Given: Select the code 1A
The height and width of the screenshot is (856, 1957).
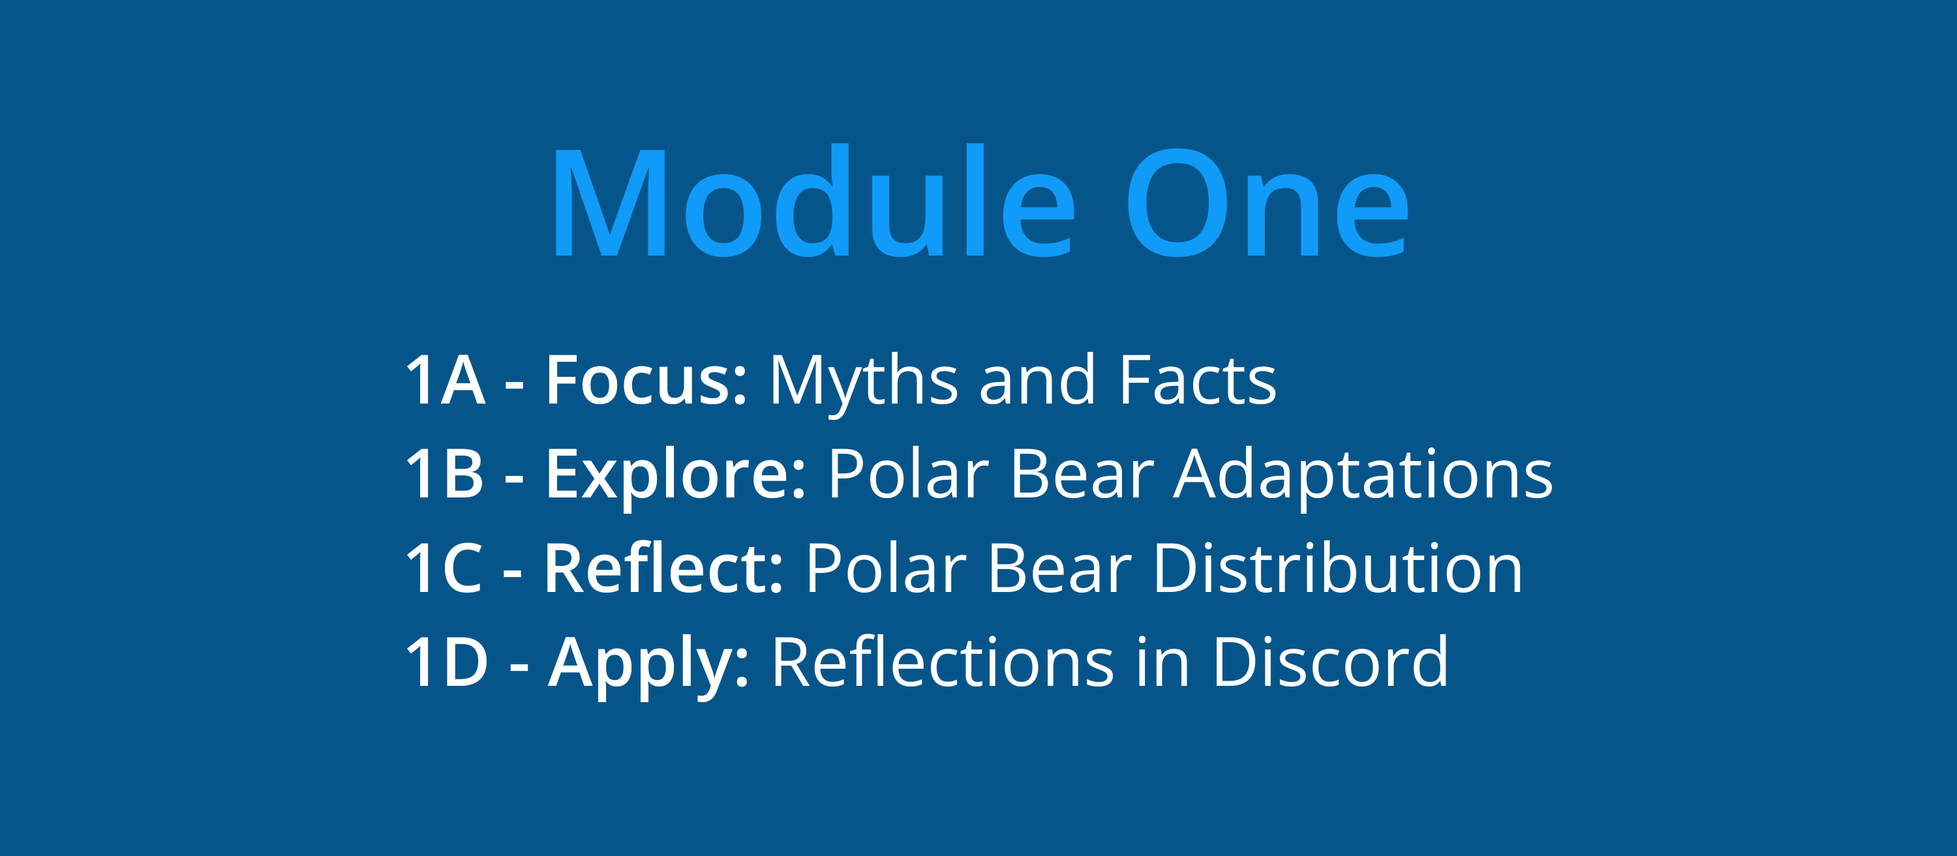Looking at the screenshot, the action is [445, 380].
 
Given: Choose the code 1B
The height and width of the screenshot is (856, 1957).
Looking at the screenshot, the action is [444, 474].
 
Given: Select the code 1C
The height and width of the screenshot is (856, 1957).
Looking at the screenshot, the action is [444, 568].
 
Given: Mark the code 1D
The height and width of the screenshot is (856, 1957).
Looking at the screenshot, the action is [447, 662].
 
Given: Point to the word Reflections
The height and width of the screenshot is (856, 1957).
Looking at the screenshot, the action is [943, 662].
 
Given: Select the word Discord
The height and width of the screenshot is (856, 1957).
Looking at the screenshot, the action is [1330, 662].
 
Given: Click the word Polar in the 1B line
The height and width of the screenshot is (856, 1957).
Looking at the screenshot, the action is [909, 473].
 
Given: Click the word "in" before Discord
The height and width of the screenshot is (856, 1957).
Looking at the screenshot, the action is [1162, 662].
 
